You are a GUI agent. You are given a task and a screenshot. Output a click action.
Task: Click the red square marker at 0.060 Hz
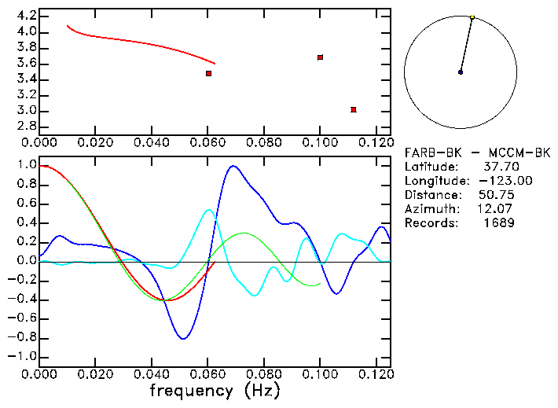pos(208,73)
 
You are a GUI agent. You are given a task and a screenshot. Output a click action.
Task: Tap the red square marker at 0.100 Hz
pos(320,57)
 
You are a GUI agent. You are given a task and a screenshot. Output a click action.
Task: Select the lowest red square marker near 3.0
pos(354,109)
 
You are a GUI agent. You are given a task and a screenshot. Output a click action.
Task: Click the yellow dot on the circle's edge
pos(472,17)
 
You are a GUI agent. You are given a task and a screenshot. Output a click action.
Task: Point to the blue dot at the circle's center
pos(461,72)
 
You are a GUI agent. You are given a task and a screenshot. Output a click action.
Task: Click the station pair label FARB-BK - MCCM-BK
pos(478,153)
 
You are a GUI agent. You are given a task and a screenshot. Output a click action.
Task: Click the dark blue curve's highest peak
pos(233,166)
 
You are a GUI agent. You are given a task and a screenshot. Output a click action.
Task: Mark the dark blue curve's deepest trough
pos(183,339)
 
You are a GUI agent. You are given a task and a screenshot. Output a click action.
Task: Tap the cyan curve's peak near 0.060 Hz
pos(208,210)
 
